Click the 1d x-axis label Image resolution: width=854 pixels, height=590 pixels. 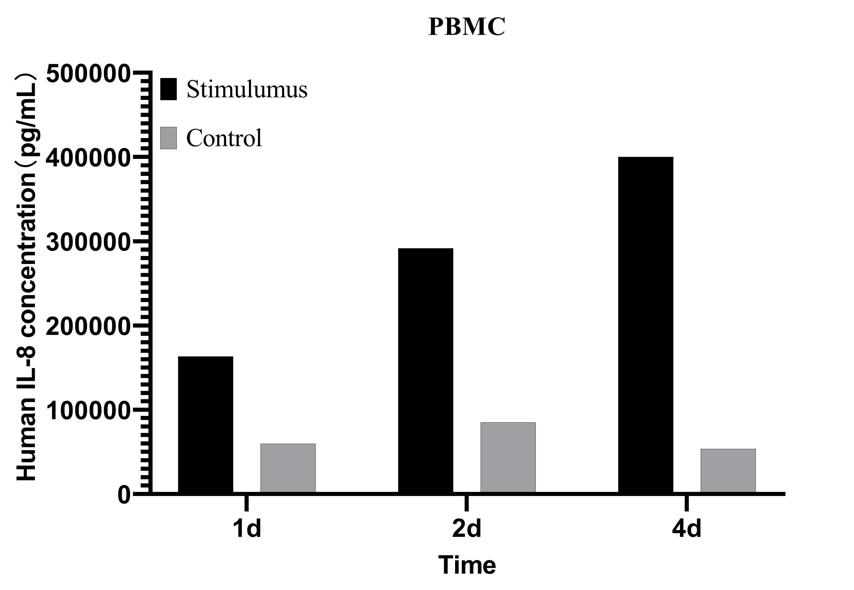247,529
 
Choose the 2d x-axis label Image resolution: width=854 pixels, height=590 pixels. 467,529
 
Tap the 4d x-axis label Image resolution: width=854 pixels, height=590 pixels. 686,529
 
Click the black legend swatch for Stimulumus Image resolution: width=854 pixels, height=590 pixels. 168,89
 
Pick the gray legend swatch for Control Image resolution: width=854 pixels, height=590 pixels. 168,138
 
